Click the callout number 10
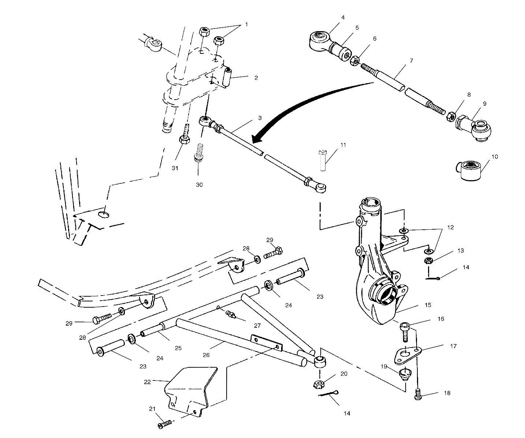[x=495, y=157]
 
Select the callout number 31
[x=175, y=168]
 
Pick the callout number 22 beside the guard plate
[x=148, y=381]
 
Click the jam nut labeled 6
[x=354, y=61]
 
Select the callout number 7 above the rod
[x=411, y=60]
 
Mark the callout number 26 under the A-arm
[x=206, y=355]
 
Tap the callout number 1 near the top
[x=246, y=25]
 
